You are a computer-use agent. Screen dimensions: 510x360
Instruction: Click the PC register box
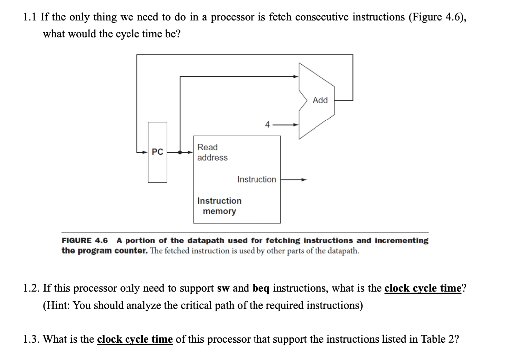coord(158,152)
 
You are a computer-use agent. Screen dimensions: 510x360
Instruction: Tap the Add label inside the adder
coord(320,100)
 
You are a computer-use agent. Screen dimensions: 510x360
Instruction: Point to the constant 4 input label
coord(267,124)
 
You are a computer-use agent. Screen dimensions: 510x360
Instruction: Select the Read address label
coord(212,152)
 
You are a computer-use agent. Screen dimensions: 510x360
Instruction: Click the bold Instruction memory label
coord(219,206)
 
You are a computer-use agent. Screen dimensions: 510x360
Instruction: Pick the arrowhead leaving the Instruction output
coord(304,180)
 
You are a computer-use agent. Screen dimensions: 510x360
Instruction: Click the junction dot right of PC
coord(179,152)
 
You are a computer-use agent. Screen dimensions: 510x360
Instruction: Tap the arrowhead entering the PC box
coord(145,152)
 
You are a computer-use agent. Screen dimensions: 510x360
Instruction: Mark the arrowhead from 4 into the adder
coord(296,124)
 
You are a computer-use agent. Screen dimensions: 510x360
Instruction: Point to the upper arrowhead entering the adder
coord(296,76)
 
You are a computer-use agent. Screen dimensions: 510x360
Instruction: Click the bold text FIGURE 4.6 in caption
coord(85,240)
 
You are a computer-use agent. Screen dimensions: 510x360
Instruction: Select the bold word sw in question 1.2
coord(223,288)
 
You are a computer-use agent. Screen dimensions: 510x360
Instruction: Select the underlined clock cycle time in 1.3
coord(135,339)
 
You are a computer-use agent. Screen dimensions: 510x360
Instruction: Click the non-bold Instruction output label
coord(256,180)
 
